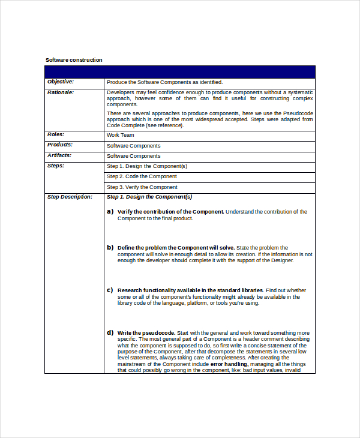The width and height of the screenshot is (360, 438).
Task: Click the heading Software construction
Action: (74, 60)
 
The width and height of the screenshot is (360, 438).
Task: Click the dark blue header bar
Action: (179, 71)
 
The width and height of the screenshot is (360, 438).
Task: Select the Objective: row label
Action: (61, 82)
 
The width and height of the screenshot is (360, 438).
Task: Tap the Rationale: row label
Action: (61, 92)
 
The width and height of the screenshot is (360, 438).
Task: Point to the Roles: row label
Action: (56, 135)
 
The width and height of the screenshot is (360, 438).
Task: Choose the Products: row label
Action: (60, 145)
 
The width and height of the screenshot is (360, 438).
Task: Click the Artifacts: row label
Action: (59, 155)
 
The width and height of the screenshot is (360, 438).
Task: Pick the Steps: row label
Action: (56, 166)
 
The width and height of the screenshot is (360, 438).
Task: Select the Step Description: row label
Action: (70, 197)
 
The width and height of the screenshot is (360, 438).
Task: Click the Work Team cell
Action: (121, 136)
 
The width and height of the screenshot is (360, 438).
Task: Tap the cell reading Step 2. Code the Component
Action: (142, 176)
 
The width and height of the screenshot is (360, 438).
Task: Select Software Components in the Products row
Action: (134, 146)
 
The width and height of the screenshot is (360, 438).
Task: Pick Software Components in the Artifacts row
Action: (134, 156)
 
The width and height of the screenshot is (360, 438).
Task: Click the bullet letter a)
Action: (110, 211)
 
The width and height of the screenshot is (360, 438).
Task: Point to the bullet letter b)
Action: (110, 247)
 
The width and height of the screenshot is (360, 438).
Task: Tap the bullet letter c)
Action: (110, 290)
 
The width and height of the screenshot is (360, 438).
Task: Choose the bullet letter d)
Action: (110, 332)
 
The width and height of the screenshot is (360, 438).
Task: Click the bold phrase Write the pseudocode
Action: (146, 333)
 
